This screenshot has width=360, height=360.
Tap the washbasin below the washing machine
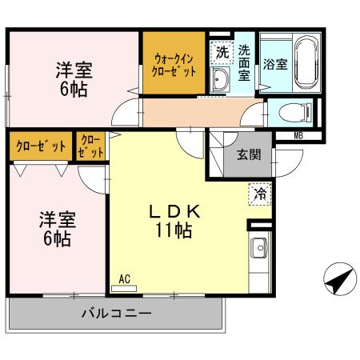[x=221, y=78]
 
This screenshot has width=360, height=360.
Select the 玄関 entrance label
[x=246, y=155]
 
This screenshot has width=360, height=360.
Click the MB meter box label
[x=298, y=135]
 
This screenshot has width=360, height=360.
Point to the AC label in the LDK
[x=124, y=278]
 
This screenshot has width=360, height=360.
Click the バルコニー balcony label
[x=116, y=314]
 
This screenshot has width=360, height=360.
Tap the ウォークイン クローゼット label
[x=174, y=63]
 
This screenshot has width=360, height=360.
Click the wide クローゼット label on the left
[x=38, y=146]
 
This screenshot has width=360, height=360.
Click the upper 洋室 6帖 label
[x=71, y=78]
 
